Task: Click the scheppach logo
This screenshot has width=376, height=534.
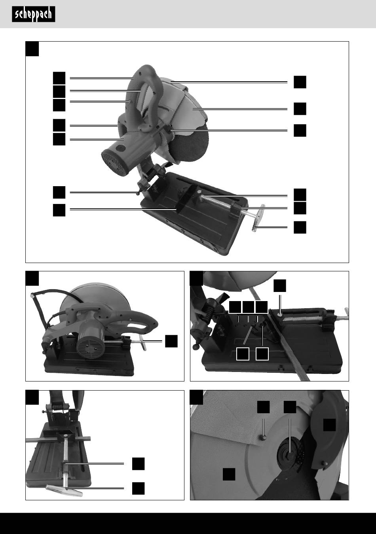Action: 34,14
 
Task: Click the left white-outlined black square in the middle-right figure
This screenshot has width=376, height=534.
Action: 243,354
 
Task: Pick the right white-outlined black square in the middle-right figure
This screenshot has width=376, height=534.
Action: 262,354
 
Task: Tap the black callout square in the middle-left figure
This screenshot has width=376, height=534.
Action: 171,341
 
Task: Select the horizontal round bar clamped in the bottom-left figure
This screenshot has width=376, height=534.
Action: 58,439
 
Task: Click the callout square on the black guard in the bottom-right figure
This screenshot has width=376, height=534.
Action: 329,425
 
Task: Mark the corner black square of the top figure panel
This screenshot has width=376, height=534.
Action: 32,49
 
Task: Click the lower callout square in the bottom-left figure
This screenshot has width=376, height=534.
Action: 139,488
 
